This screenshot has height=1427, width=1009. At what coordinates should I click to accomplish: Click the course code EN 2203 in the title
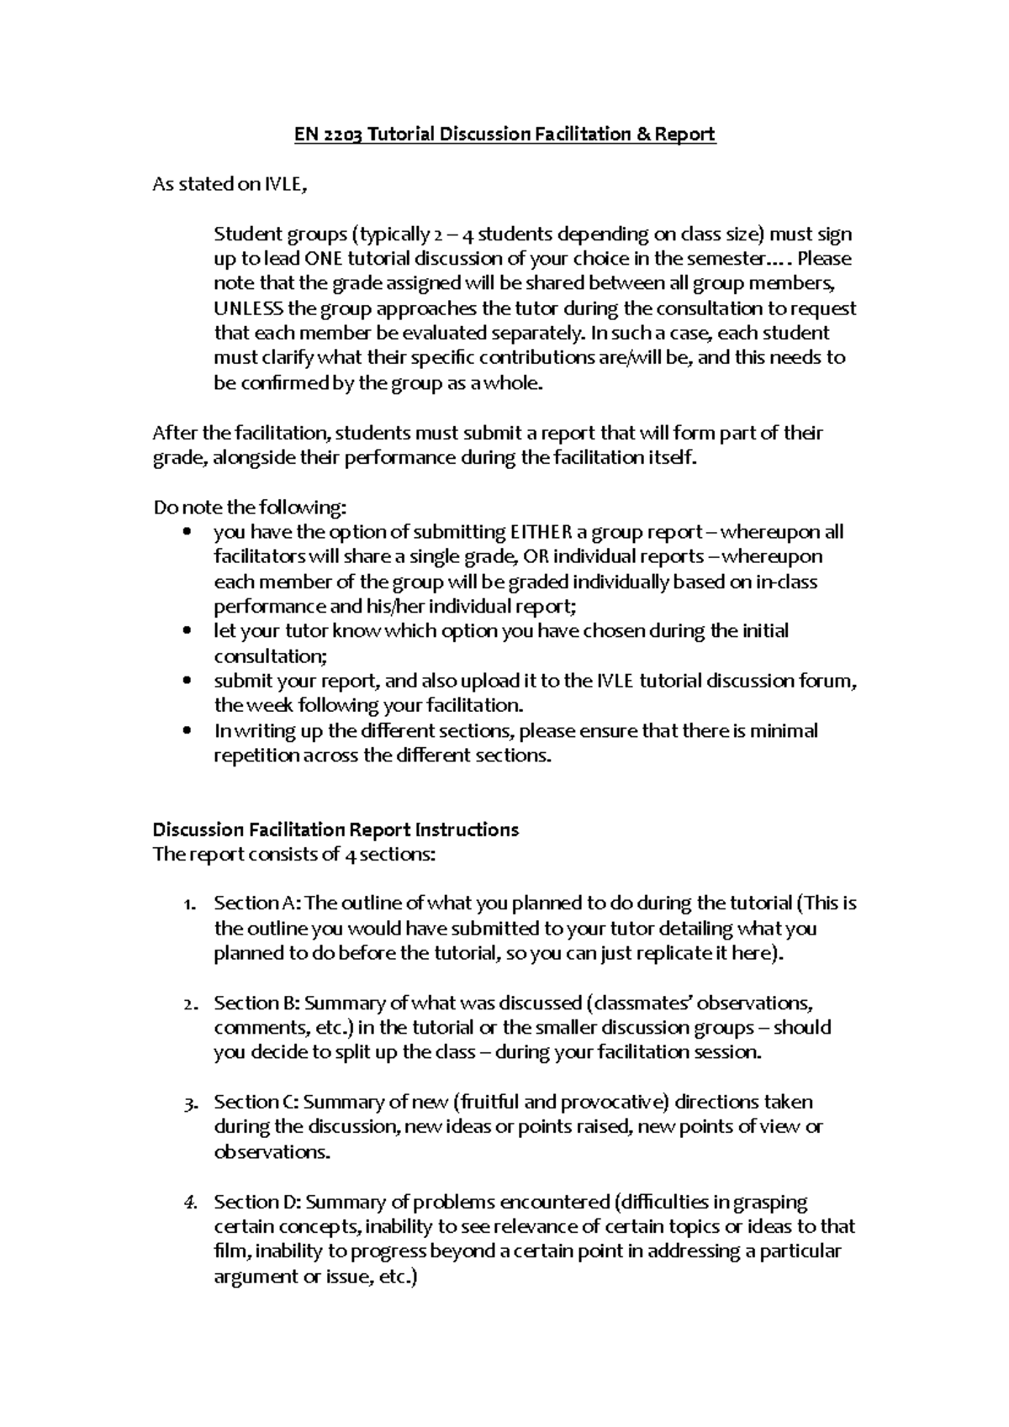328,134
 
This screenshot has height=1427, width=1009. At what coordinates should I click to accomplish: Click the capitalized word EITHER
541,532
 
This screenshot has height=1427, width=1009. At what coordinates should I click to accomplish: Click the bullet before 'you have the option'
187,532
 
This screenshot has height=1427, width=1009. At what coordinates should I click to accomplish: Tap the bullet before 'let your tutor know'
187,631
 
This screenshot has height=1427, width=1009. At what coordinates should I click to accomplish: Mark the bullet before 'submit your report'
187,681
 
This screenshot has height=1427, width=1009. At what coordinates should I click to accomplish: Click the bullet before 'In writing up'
187,730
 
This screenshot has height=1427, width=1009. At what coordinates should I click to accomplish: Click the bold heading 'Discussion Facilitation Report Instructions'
335,830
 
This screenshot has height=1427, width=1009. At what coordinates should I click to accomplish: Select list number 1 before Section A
189,904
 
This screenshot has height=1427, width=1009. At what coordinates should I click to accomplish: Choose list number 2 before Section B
189,1003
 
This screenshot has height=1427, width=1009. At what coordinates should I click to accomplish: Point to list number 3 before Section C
189,1103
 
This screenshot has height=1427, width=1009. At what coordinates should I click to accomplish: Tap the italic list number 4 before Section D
189,1203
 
